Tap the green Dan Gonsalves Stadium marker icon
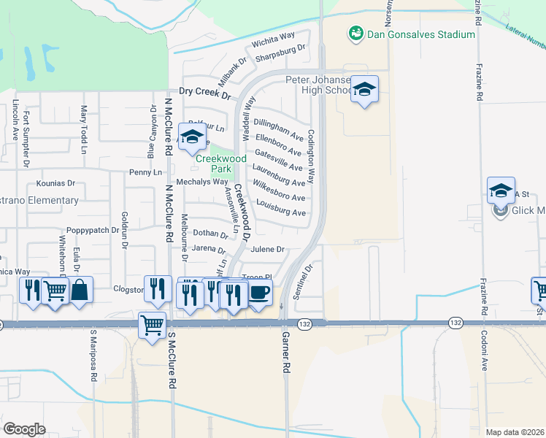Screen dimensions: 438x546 (355, 34)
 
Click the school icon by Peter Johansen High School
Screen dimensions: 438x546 (364, 91)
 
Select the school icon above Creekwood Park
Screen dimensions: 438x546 (192, 137)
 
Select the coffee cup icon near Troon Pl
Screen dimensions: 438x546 (260, 293)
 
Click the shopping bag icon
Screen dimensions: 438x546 (81, 291)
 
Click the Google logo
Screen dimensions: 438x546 (24, 429)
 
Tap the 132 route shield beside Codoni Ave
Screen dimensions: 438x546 (455, 322)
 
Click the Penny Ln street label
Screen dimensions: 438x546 (145, 172)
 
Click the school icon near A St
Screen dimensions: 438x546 (501, 191)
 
